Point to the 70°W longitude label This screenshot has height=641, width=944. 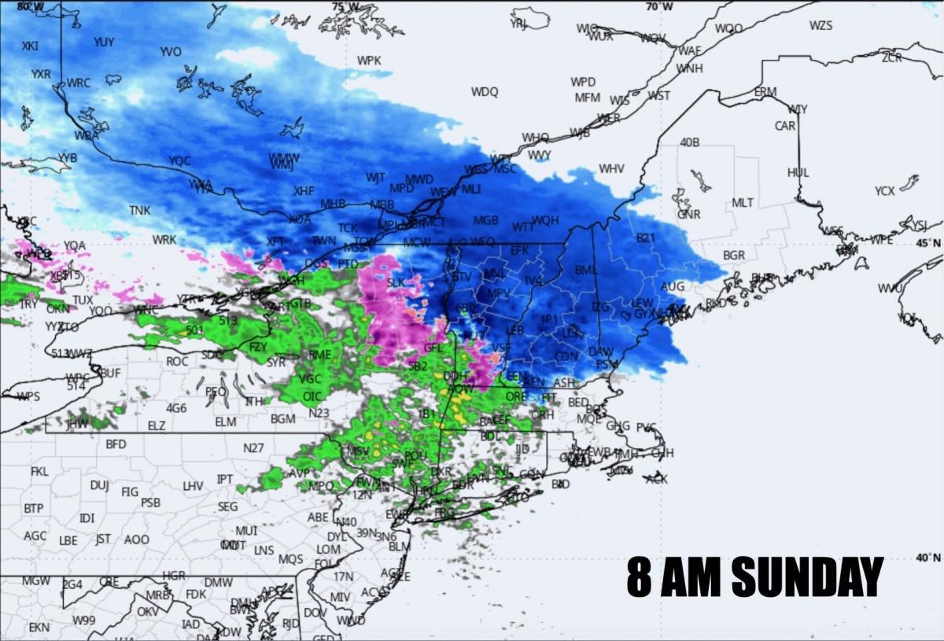pyautogui.click(x=658, y=7)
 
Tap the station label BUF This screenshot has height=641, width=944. pyautogui.click(x=110, y=373)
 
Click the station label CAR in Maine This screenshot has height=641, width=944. pyautogui.click(x=784, y=126)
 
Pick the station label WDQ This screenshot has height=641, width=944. pyautogui.click(x=485, y=92)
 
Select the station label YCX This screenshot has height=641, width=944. pyautogui.click(x=884, y=190)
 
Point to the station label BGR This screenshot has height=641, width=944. pyautogui.click(x=734, y=256)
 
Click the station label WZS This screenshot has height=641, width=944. pyautogui.click(x=820, y=26)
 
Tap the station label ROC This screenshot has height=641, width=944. pyautogui.click(x=177, y=361)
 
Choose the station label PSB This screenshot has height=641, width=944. pyautogui.click(x=150, y=502)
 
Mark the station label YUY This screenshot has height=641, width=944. pyautogui.click(x=104, y=42)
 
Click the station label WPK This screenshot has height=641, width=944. pyautogui.click(x=369, y=61)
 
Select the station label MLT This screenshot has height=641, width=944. pyautogui.click(x=743, y=203)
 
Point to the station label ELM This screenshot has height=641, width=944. pyautogui.click(x=225, y=422)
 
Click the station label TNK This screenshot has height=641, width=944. pyautogui.click(x=140, y=211)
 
